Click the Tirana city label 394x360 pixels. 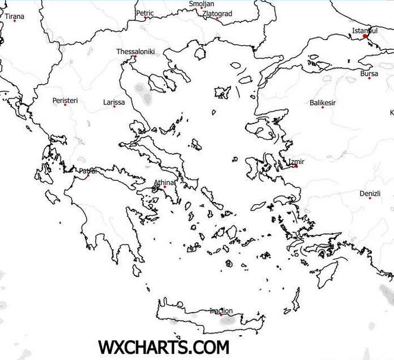15,16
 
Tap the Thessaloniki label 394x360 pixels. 135,52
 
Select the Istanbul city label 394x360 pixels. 365,30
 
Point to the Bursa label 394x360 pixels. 369,74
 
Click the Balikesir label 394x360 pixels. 323,102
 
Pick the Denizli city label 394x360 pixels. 370,194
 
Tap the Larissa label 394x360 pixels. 114,102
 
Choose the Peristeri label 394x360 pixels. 65,100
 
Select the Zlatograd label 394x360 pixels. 217,13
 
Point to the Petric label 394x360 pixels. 145,12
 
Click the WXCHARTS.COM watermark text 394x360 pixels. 164,346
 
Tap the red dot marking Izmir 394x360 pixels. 296,166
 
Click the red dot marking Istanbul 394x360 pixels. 365,36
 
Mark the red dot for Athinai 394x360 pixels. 165,187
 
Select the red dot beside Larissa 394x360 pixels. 114,106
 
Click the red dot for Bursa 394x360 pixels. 369,78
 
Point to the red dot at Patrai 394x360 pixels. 88,175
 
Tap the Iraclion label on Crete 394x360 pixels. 221,310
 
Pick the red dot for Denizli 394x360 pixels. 370,198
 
